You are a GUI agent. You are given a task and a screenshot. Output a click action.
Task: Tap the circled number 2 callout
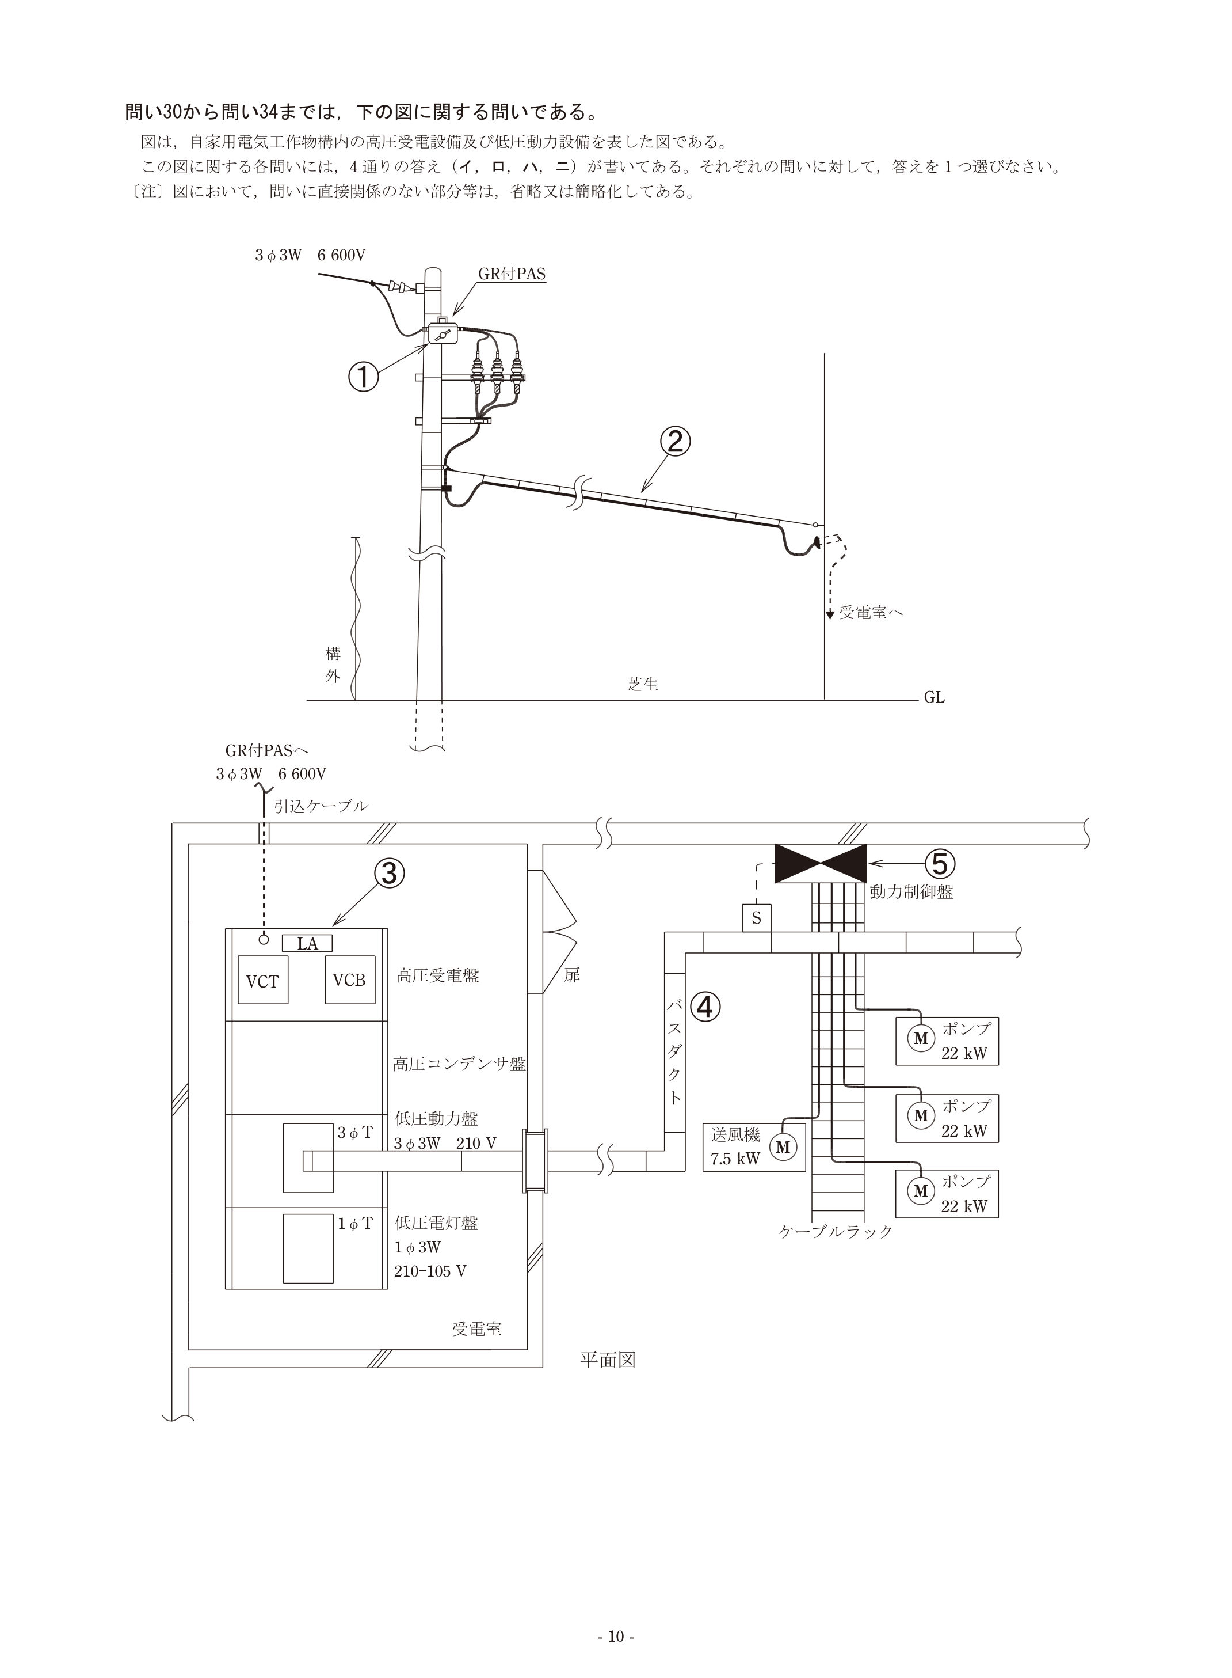pos(674,442)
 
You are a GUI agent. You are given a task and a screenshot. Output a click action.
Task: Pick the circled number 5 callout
pos(940,863)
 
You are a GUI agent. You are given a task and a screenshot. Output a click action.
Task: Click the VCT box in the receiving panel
pos(262,980)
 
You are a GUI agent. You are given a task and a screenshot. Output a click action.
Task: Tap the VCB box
pos(349,980)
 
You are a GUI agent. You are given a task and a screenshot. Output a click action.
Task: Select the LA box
pos(307,944)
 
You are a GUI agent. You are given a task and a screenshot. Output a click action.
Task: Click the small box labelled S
pos(756,918)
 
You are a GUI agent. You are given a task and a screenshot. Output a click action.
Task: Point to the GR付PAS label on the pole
pos(512,274)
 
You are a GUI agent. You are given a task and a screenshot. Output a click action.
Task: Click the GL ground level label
pos(935,697)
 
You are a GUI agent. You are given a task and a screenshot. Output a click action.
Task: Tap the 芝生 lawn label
pos(643,684)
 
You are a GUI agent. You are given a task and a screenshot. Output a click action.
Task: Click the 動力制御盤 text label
pos(911,891)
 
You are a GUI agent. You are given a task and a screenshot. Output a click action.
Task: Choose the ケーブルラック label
pos(836,1231)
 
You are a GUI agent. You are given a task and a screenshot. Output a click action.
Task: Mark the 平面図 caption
pos(608,1360)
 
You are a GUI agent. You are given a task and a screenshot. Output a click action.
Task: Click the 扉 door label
pos(571,974)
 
